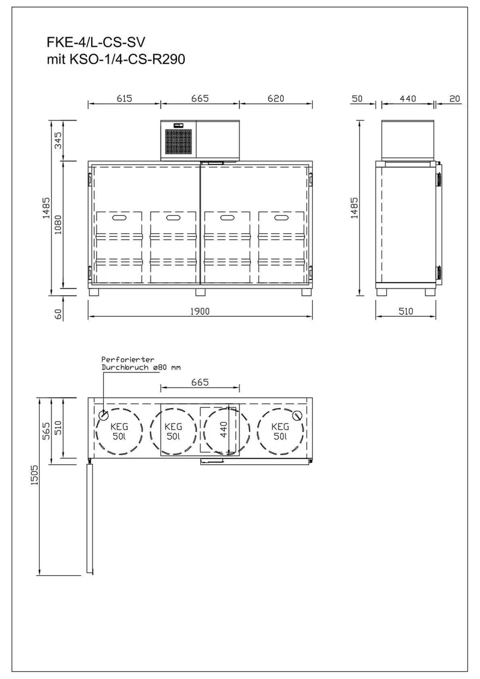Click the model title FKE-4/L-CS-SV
pyautogui.click(x=96, y=42)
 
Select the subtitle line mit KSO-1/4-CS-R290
pyautogui.click(x=116, y=59)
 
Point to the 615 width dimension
pyautogui.click(x=124, y=98)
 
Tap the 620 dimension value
pyautogui.click(x=276, y=98)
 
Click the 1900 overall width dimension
pyautogui.click(x=200, y=311)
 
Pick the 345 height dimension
pyautogui.click(x=58, y=140)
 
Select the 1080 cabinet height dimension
pyautogui.click(x=58, y=224)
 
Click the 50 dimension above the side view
pyautogui.click(x=357, y=98)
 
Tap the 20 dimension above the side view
pyautogui.click(x=454, y=98)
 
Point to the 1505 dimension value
pyautogui.click(x=35, y=475)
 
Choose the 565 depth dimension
pyautogui.click(x=46, y=431)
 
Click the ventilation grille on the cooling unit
pyautogui.click(x=178, y=140)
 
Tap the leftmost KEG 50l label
pyautogui.click(x=119, y=431)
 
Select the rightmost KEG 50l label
pyautogui.click(x=280, y=431)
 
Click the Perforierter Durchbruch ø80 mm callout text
pyautogui.click(x=141, y=363)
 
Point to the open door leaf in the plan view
pyautogui.click(x=89, y=519)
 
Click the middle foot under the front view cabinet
pyautogui.click(x=200, y=292)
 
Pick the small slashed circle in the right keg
pyautogui.click(x=297, y=415)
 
